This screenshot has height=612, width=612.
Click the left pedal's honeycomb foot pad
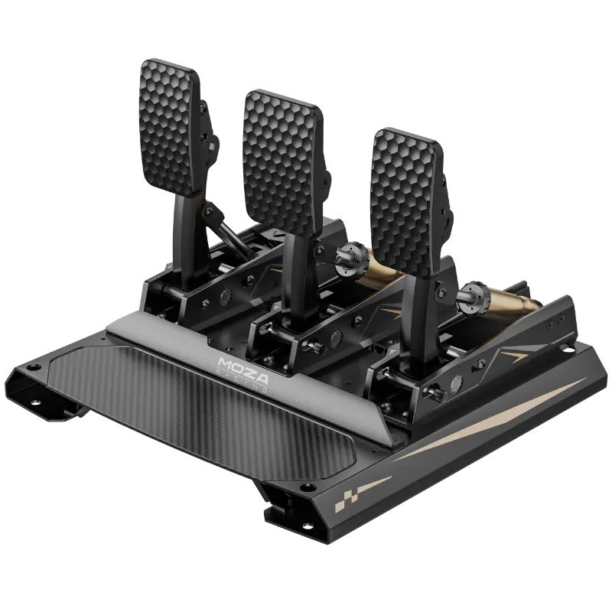point(169,128)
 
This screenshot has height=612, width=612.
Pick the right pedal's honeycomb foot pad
point(407,202)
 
